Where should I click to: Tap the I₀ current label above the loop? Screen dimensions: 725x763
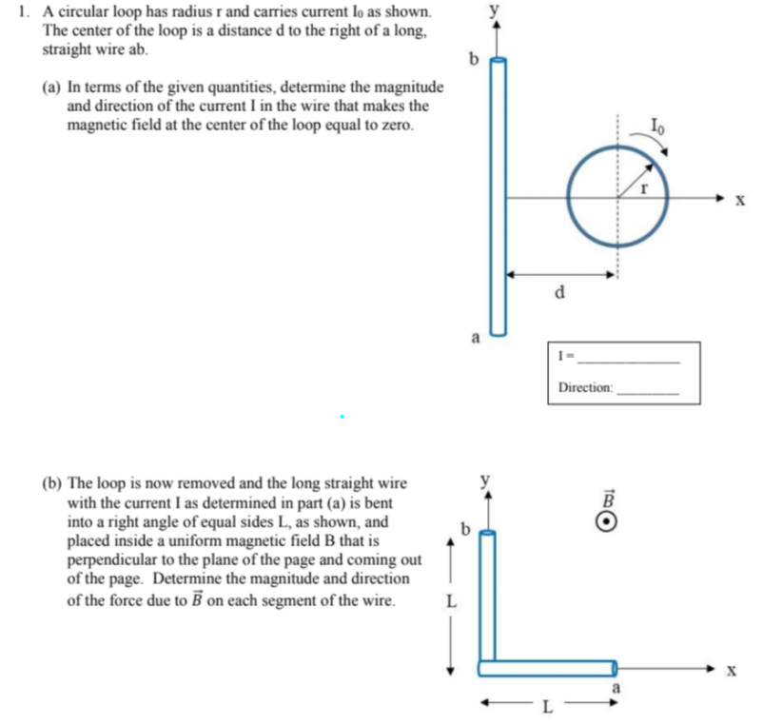pos(655,122)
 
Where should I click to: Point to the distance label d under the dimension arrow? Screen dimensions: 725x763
pos(561,292)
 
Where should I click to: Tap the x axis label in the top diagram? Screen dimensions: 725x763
pos(739,201)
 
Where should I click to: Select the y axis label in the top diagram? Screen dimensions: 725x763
pos(494,10)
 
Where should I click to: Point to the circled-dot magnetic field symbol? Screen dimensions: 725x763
pos(613,522)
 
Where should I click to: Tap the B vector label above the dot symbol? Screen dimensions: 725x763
pos(612,498)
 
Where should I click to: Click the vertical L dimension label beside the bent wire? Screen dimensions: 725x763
pos(451,601)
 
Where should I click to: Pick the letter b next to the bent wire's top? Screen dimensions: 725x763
pos(465,526)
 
